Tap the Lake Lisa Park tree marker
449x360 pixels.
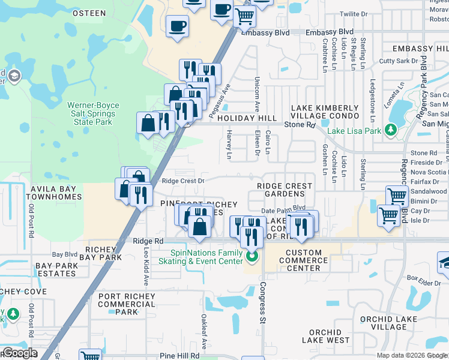(x=391, y=130)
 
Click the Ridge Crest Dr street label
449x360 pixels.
(x=183, y=181)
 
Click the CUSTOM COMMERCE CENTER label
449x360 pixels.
(x=307, y=260)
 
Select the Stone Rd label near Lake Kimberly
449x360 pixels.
(x=300, y=124)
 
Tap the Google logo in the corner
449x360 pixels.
(x=20, y=353)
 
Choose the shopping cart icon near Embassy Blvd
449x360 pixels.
(x=244, y=16)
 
